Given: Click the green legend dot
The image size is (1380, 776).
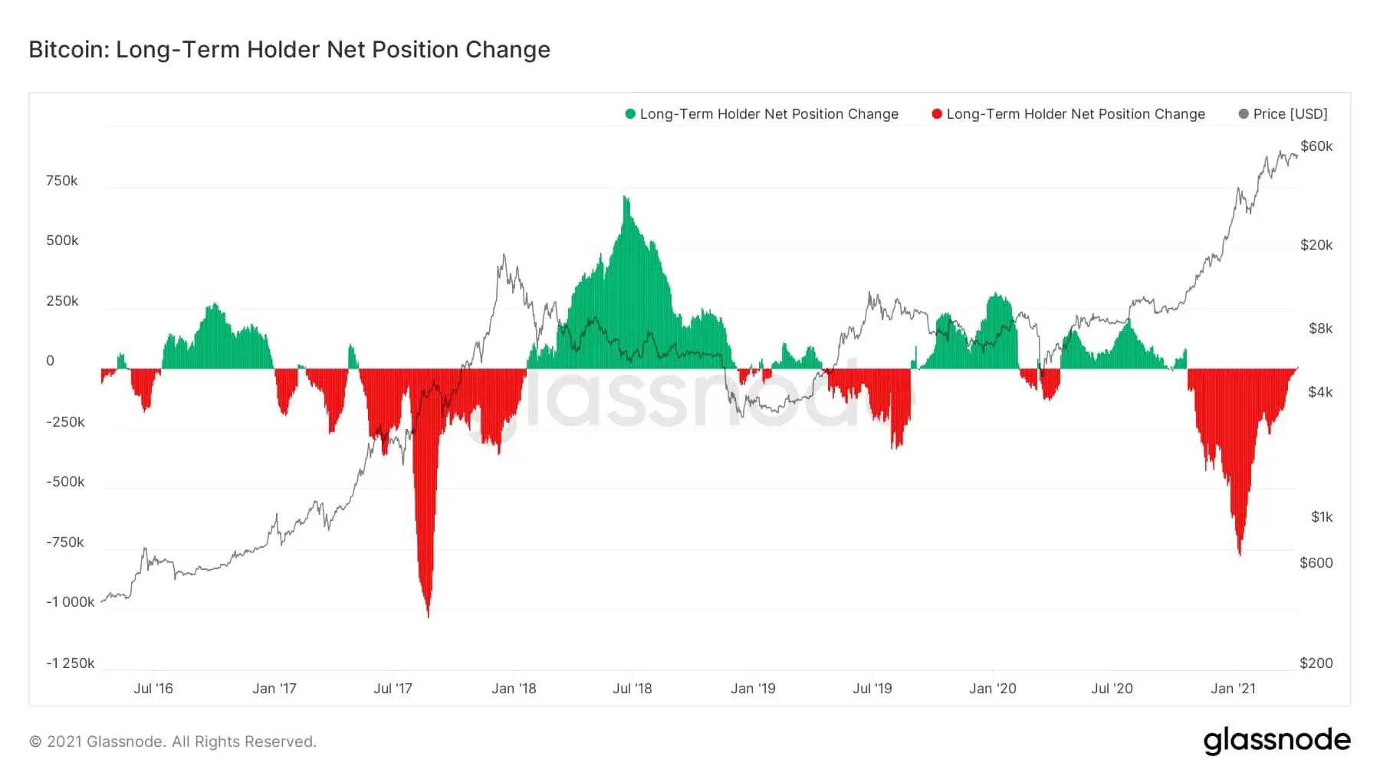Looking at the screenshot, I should [630, 114].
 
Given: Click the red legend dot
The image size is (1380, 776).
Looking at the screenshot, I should [936, 114].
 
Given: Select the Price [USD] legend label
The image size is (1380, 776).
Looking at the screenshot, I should [1290, 114].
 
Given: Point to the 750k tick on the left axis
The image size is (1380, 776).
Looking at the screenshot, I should [62, 181].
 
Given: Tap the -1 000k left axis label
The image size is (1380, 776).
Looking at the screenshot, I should [71, 602].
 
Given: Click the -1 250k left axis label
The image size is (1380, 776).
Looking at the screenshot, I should [71, 663].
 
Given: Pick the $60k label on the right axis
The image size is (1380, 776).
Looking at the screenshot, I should [1316, 146].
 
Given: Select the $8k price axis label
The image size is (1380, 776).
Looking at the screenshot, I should [1320, 329].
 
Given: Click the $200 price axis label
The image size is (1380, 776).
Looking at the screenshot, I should [1316, 663].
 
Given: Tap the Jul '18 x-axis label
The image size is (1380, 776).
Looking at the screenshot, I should [632, 689].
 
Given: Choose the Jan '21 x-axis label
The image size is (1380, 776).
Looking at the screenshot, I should [1233, 689].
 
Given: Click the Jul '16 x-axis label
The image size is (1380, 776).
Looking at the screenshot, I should [153, 689].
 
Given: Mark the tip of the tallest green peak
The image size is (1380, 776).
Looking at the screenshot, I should [626, 198].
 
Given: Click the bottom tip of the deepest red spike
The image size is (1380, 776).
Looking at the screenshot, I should [428, 616].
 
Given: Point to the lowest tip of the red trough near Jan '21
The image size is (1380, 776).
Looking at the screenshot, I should [1240, 555].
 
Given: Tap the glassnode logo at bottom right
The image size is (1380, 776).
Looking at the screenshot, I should [1276, 741].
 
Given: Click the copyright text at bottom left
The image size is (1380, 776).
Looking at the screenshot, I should [172, 742].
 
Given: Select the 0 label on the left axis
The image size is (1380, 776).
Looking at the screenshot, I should [51, 361].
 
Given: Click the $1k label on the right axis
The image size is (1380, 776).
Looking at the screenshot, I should [1322, 517].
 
